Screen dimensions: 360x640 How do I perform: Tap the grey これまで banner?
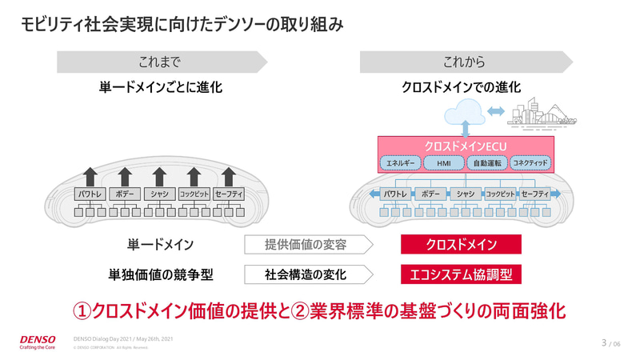[x=160, y=62]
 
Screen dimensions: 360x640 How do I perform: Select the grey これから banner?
[x=465, y=62]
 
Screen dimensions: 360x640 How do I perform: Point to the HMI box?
[x=443, y=163]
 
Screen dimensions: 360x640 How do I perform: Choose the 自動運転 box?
[x=486, y=163]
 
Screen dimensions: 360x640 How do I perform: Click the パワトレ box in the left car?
[x=90, y=194]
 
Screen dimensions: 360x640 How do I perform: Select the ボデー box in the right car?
[x=430, y=194]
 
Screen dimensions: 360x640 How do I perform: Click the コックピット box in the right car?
[x=500, y=194]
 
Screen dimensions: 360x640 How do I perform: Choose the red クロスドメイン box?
[x=461, y=245]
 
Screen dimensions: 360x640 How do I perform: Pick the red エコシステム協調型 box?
[x=461, y=274]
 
